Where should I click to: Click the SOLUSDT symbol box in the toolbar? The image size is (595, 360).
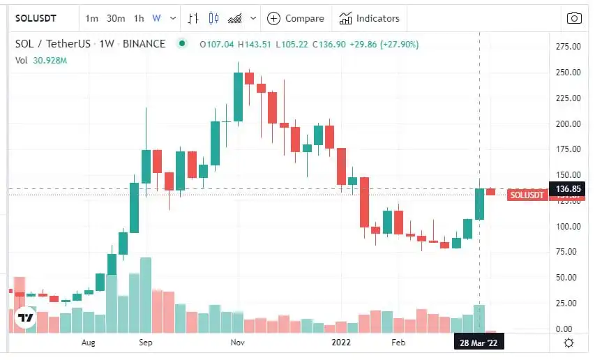[x=36, y=18]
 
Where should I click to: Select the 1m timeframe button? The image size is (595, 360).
[x=92, y=18]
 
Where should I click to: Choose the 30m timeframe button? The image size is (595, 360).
[x=116, y=18]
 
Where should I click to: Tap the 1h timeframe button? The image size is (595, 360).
[x=139, y=18]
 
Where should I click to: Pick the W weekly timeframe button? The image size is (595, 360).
[x=156, y=18]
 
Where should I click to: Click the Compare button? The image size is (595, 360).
[x=296, y=18]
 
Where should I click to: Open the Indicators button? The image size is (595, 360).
[x=370, y=18]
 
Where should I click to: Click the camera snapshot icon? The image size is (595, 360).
[x=574, y=18]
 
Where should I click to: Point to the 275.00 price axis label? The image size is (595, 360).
[x=568, y=47]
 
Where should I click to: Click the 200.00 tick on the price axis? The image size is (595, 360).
[x=568, y=123]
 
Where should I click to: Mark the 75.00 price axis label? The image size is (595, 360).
[x=568, y=252]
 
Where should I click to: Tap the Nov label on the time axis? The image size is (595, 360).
[x=238, y=343]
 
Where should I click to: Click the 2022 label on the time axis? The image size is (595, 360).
[x=341, y=343]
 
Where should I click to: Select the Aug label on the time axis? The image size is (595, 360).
[x=88, y=343]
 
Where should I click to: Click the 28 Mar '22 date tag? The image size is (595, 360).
[x=479, y=343]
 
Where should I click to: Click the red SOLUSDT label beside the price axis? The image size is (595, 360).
[x=527, y=195]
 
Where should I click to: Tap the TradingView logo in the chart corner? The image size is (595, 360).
[x=26, y=317]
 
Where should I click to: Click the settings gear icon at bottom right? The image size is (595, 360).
[x=568, y=343]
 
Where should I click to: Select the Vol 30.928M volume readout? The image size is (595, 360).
[x=42, y=61]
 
